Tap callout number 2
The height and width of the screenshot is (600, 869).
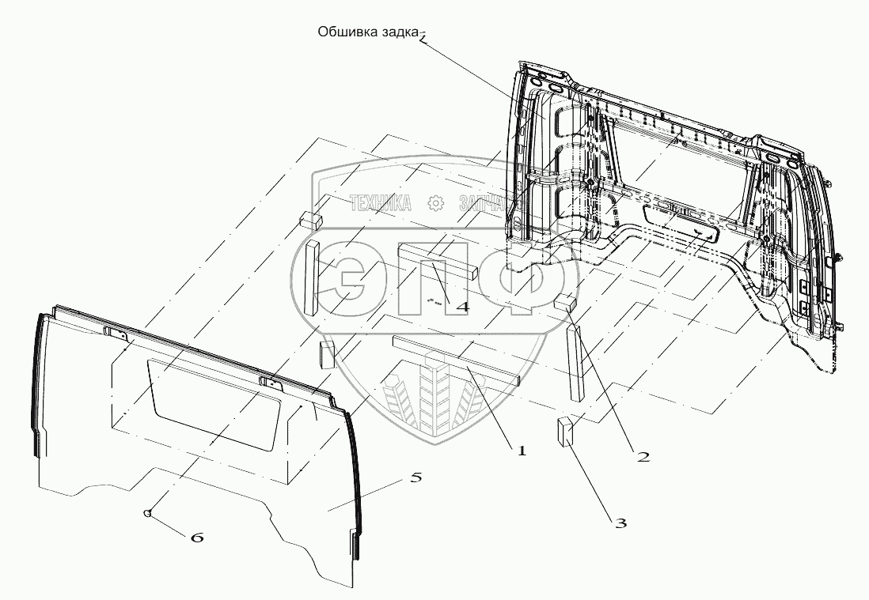(x=643, y=456)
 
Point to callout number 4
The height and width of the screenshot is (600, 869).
(x=461, y=305)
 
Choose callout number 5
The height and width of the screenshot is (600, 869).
(x=416, y=477)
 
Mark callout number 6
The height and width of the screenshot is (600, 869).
(x=197, y=538)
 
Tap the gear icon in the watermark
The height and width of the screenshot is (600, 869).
(x=434, y=203)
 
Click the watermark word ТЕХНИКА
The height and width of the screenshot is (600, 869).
(x=380, y=203)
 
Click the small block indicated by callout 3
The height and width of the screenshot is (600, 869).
(x=565, y=432)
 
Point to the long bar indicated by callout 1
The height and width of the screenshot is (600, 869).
(x=455, y=360)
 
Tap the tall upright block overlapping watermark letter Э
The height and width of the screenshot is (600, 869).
(x=310, y=277)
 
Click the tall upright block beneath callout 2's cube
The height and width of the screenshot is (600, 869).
(x=575, y=362)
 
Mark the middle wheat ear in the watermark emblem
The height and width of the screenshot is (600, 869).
(x=433, y=393)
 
